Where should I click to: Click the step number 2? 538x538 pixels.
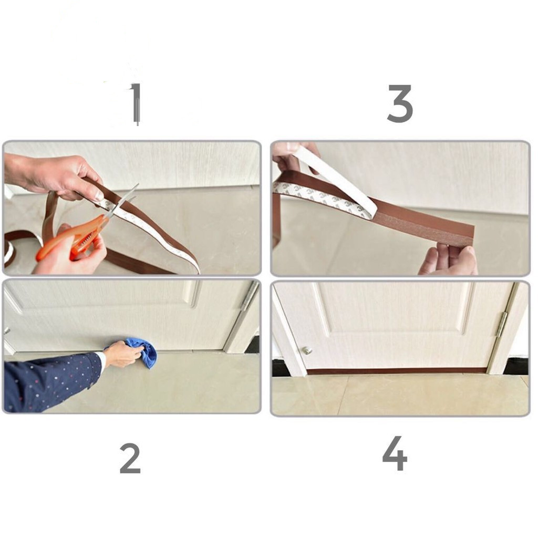tap(130, 458)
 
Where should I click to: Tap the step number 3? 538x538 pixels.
tap(400, 104)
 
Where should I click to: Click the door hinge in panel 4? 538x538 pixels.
tap(501, 324)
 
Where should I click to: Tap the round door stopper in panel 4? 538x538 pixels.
tap(306, 350)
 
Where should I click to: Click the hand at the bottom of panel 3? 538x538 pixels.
tap(448, 260)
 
